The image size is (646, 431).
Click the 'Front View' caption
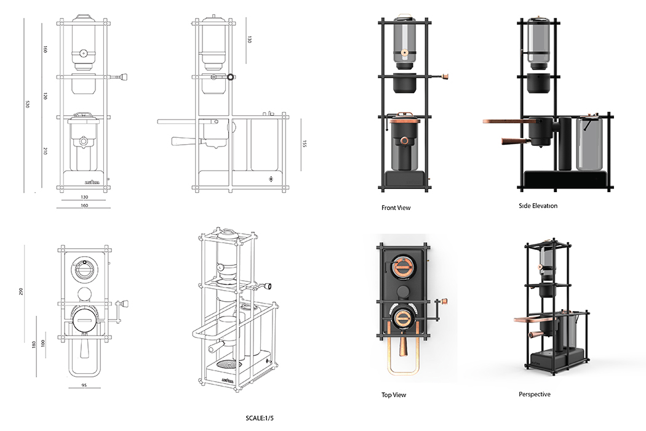tap(396, 207)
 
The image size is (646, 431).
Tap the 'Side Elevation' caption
tap(538, 206)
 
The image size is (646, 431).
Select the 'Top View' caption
tap(394, 395)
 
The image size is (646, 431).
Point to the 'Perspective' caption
tap(535, 394)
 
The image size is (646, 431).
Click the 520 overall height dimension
tap(27, 104)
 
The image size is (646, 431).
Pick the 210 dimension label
tap(46, 151)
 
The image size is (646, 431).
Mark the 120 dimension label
tap(46, 97)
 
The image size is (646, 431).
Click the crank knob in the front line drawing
tap(124, 77)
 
